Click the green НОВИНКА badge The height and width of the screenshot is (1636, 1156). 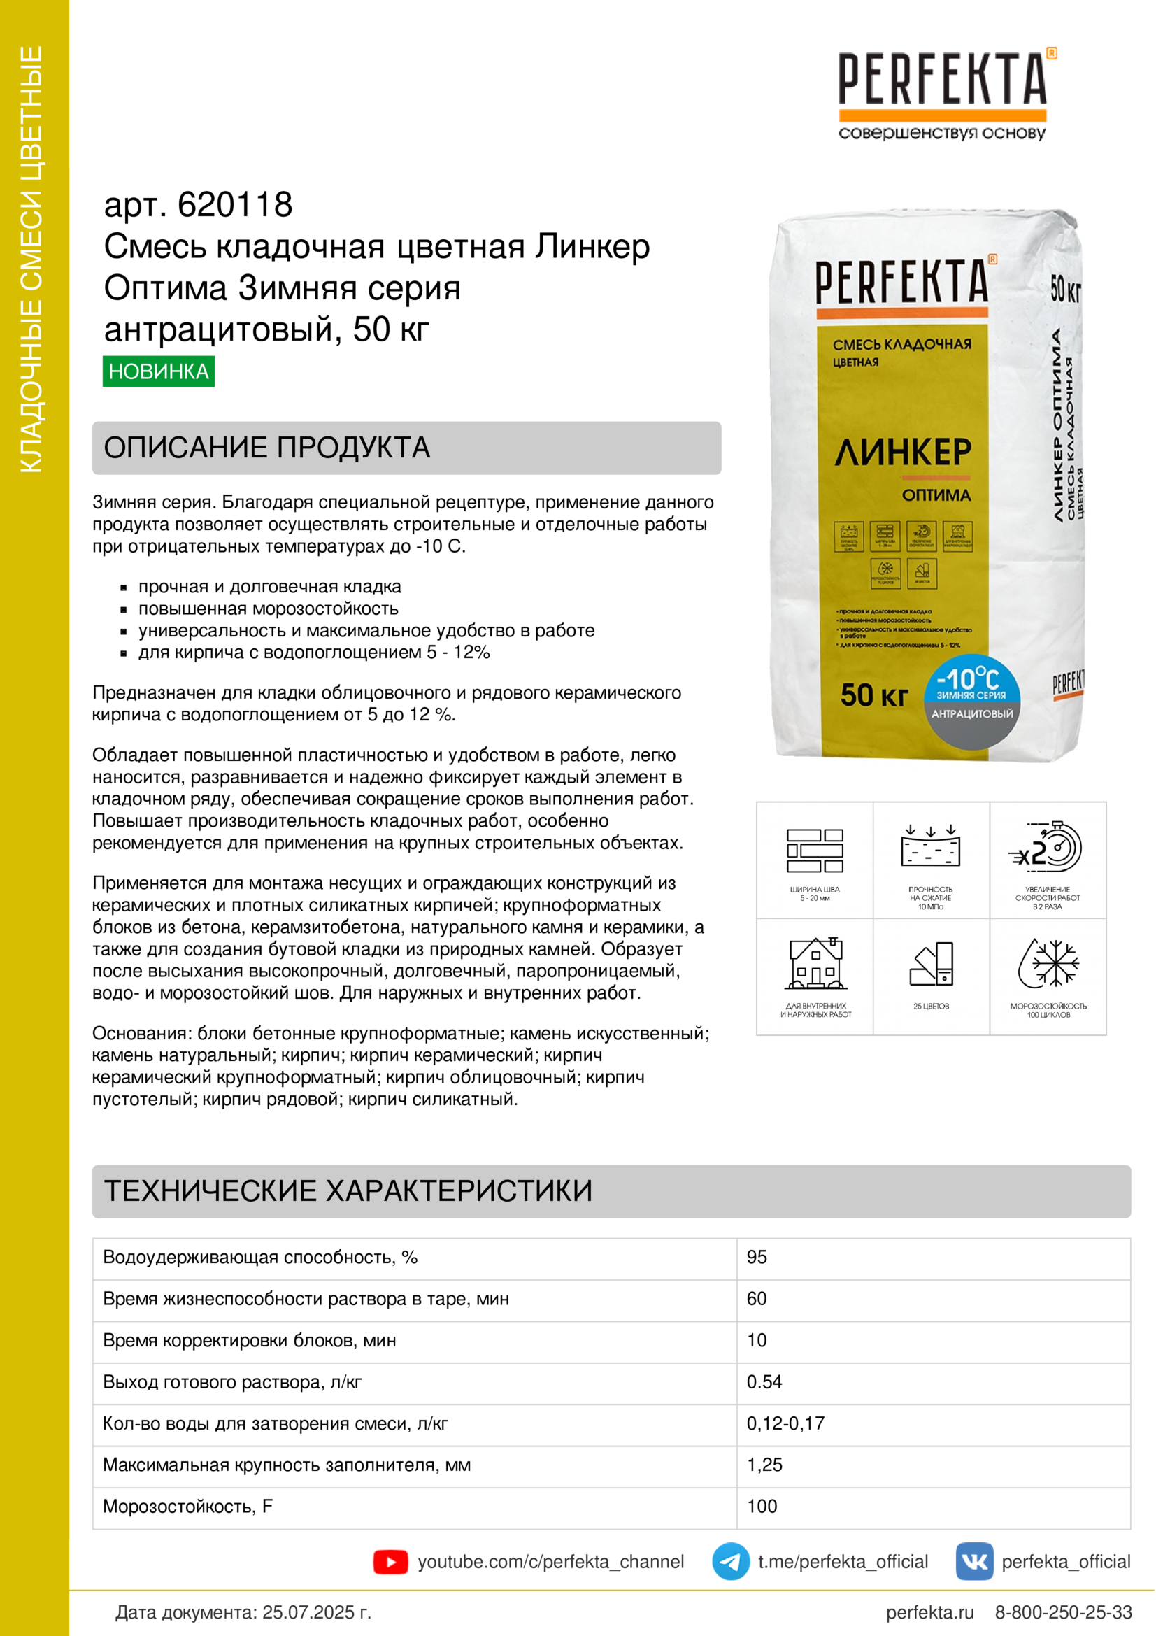click(x=158, y=371)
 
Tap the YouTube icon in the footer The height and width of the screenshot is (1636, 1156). click(x=390, y=1562)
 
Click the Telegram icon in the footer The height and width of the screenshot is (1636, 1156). click(x=730, y=1561)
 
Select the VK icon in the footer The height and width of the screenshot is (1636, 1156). click(x=973, y=1561)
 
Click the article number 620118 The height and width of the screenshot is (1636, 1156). click(x=234, y=204)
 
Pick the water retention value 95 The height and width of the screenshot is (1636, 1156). click(x=757, y=1257)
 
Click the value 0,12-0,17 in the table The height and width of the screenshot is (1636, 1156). click(x=785, y=1423)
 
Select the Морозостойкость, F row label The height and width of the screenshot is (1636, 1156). click(x=188, y=1507)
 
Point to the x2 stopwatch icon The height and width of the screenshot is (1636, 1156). click(x=1047, y=848)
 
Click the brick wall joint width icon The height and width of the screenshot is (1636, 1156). click(x=815, y=850)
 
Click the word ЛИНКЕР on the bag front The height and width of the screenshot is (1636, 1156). click(x=903, y=453)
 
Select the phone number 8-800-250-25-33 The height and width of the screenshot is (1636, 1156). click(x=1063, y=1612)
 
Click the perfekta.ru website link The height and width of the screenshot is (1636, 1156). click(x=929, y=1612)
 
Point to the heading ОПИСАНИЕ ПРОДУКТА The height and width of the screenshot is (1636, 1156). click(x=267, y=448)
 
